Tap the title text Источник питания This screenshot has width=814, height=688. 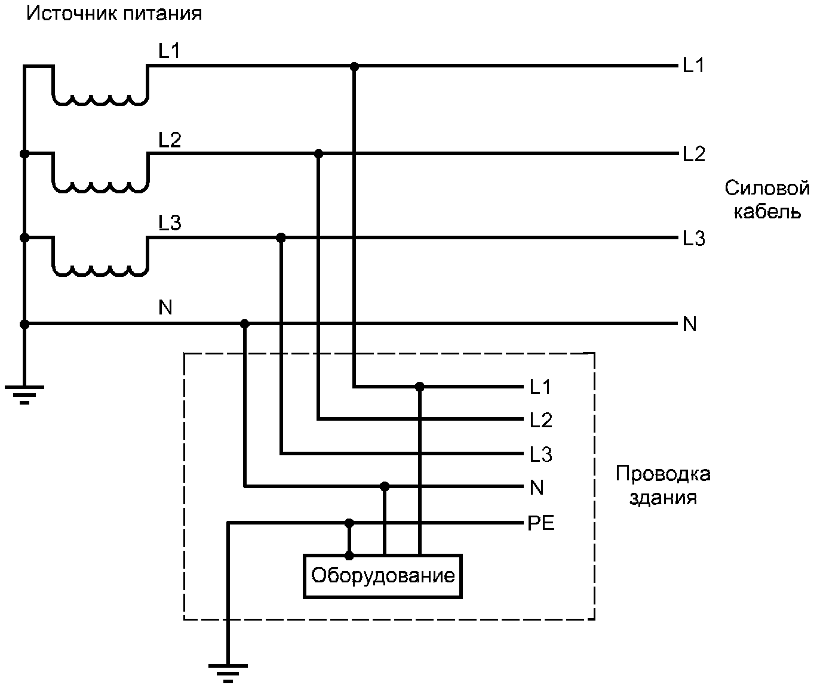click(x=114, y=14)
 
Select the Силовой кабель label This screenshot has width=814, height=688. click(x=767, y=200)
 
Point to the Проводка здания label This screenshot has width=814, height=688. click(x=663, y=485)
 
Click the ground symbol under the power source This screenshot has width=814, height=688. click(x=24, y=394)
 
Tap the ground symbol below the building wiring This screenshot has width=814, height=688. click(x=228, y=674)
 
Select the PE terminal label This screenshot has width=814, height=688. click(x=540, y=523)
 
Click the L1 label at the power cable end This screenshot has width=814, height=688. click(x=693, y=65)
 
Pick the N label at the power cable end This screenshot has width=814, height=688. click(x=690, y=325)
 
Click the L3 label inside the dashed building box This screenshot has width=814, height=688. click(x=540, y=455)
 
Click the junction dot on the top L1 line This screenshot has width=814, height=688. click(x=354, y=66)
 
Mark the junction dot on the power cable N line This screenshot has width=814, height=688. click(x=244, y=324)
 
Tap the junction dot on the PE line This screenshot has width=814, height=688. click(x=349, y=523)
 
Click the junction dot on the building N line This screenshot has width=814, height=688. click(x=385, y=487)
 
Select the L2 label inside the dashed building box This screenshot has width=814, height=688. click(x=540, y=420)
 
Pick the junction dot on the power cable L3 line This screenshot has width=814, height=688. click(x=281, y=237)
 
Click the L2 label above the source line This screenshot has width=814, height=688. click(x=170, y=140)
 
